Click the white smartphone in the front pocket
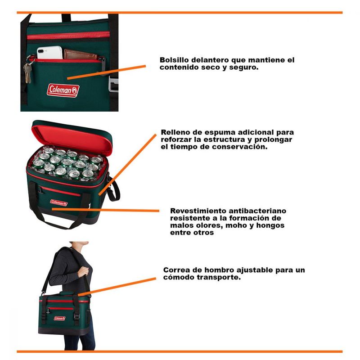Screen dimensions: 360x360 click(49, 53)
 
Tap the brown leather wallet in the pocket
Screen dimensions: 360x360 click(81, 54)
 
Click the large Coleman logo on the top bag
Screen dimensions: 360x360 click(63, 90)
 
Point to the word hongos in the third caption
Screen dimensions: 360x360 click(270, 225)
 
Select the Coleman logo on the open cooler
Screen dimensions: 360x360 click(59, 203)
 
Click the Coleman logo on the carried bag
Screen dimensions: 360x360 click(60, 318)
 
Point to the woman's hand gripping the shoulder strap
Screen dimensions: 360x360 click(83, 272)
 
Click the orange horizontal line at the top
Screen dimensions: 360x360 click(180, 13)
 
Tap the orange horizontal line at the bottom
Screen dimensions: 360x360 click(180, 351)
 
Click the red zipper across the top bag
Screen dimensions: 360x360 click(68, 36)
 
